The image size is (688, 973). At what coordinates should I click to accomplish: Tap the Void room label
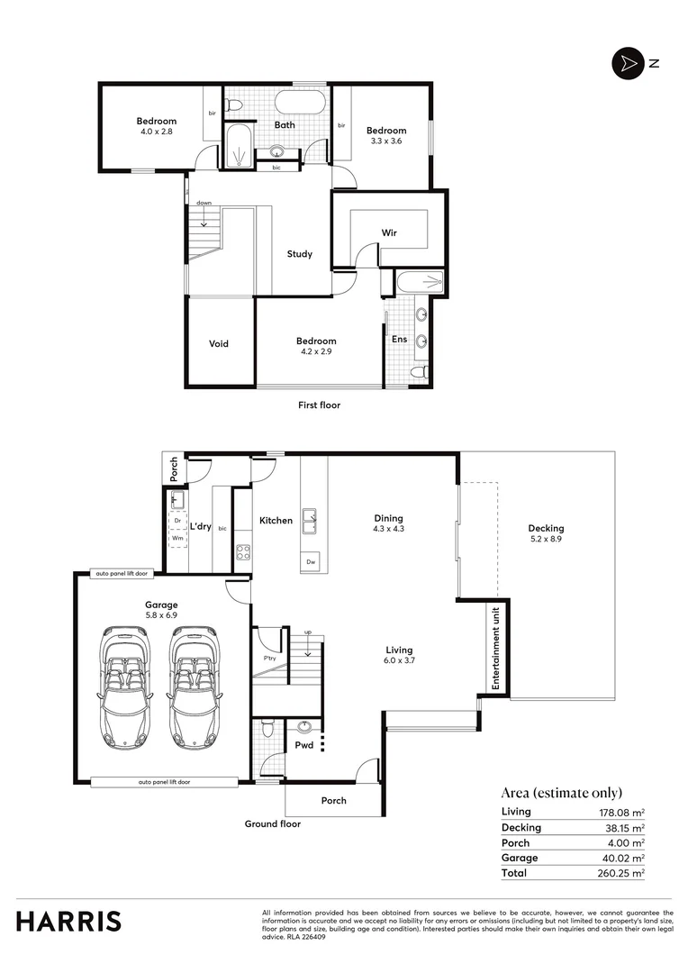tap(219, 343)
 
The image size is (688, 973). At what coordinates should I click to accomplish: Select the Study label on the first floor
tap(300, 254)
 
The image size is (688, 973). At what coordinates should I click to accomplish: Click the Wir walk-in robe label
tap(389, 232)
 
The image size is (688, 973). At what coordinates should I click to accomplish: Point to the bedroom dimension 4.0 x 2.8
tap(156, 132)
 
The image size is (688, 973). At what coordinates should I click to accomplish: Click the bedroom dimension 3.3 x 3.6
tap(385, 141)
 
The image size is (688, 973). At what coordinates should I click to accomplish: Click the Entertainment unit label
tap(494, 649)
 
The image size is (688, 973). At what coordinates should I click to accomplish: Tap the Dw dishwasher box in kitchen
tap(311, 561)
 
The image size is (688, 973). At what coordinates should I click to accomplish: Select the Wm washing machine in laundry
tap(177, 539)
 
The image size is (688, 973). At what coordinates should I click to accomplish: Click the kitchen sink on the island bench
tap(311, 517)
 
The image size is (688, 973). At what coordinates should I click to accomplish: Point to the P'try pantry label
tap(270, 658)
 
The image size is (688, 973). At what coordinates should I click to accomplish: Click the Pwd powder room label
tap(303, 745)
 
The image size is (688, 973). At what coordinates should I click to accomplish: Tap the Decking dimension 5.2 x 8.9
tap(546, 539)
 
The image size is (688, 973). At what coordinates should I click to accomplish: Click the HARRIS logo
tap(68, 922)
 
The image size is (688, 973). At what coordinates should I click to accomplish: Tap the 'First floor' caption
tap(319, 405)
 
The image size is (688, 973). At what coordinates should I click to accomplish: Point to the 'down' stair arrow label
tap(204, 203)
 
